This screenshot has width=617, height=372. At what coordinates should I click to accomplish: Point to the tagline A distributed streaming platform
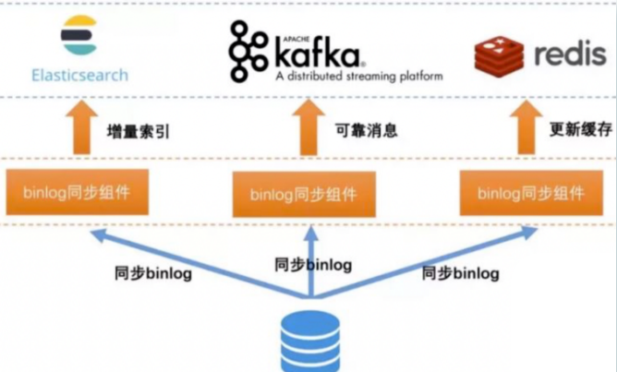pyautogui.click(x=359, y=76)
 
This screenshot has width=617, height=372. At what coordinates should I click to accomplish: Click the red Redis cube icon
pyautogui.click(x=499, y=55)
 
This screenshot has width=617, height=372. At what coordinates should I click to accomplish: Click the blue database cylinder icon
pyautogui.click(x=309, y=341)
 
